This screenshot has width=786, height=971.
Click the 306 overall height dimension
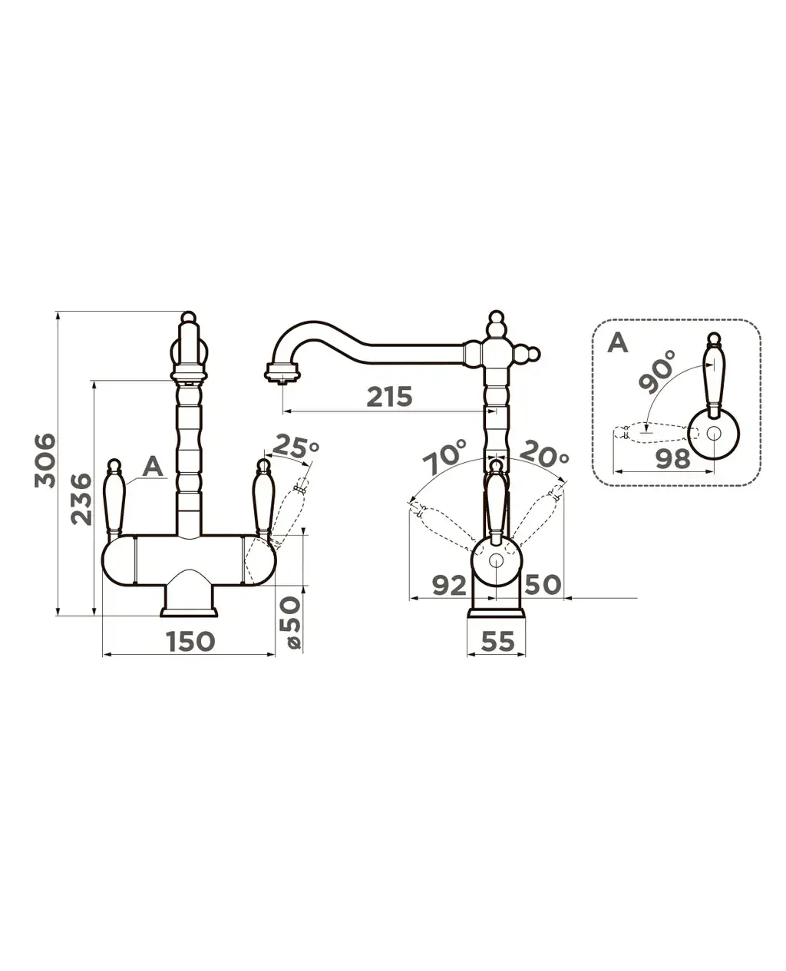[45, 461]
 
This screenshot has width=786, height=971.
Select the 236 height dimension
[82, 499]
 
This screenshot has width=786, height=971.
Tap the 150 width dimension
[190, 642]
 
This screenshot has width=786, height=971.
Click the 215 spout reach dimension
[389, 397]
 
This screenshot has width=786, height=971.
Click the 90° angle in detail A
[657, 371]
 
